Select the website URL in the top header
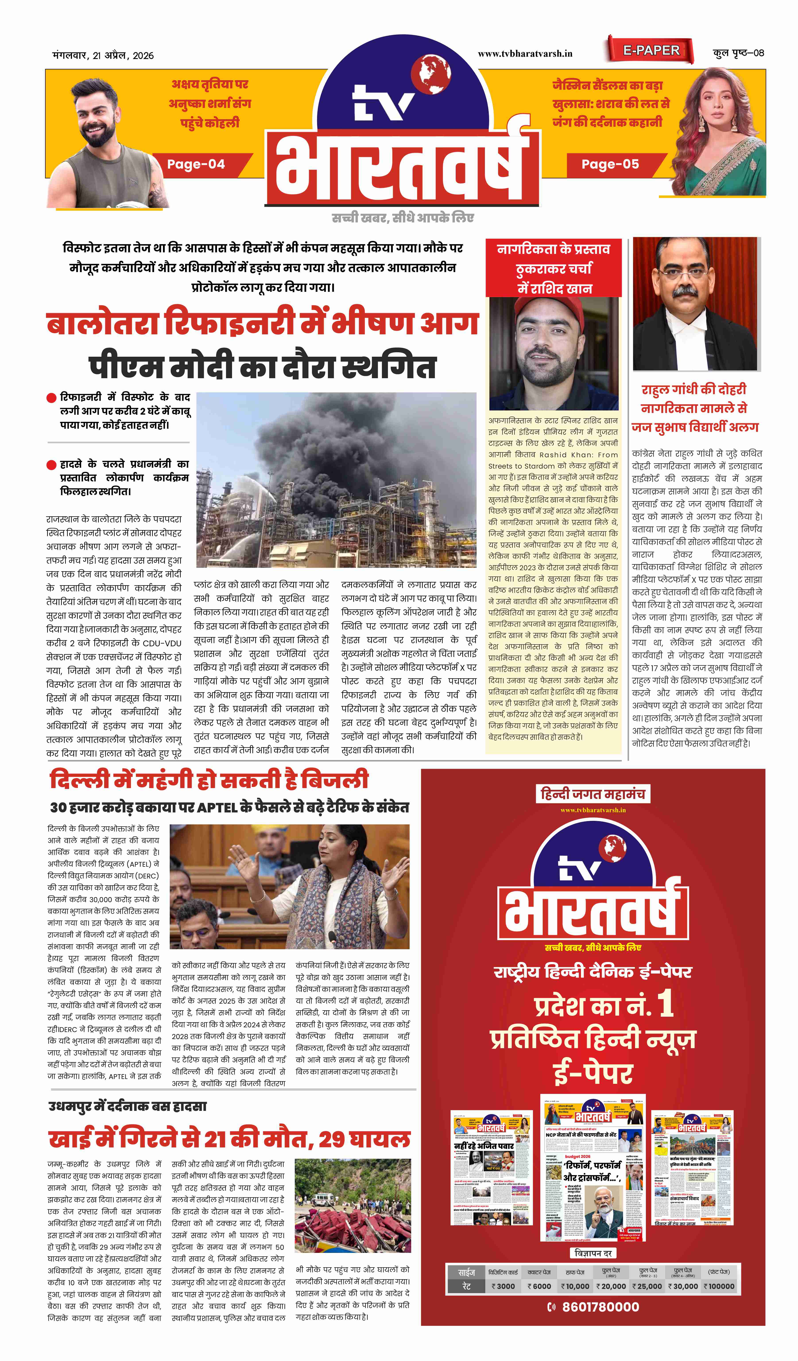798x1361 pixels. (x=525, y=53)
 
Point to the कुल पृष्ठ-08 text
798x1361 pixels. (x=738, y=53)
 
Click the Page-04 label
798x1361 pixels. (x=196, y=164)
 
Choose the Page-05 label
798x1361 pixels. (x=610, y=164)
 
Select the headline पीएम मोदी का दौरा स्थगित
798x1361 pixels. (x=262, y=367)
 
